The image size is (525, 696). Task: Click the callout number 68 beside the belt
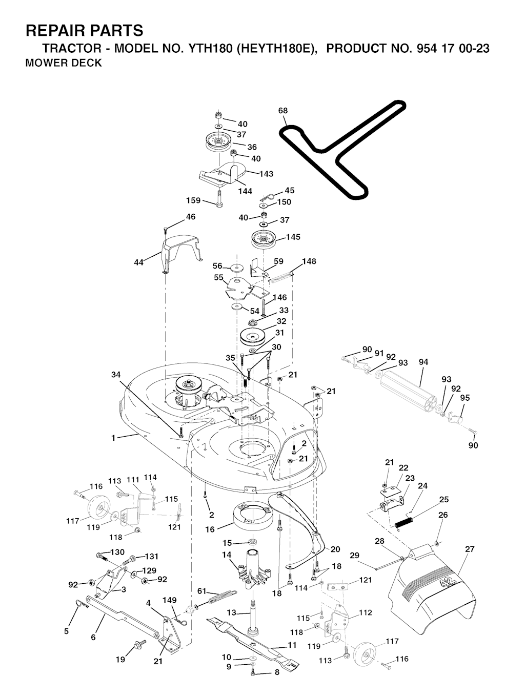coord(282,111)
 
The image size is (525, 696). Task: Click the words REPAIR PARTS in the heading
coord(85,31)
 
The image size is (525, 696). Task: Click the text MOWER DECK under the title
coord(64,63)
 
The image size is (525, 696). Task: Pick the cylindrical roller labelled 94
coord(408,390)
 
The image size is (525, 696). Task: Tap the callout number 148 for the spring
coord(309,261)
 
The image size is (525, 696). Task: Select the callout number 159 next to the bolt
coord(193,200)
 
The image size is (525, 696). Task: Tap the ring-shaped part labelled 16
coord(253,517)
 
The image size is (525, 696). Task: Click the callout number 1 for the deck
coord(113,438)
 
